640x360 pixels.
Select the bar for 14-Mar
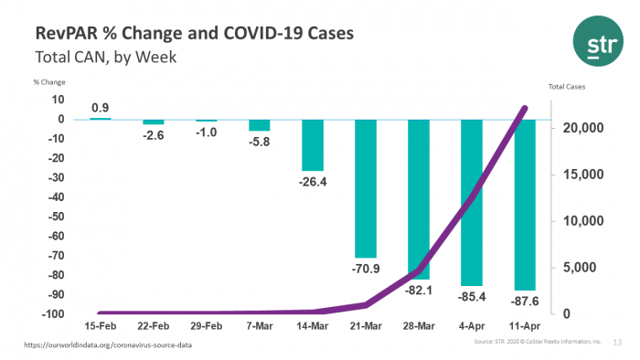click(x=313, y=144)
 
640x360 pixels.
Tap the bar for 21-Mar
click(x=366, y=188)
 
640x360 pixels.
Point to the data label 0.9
click(x=101, y=107)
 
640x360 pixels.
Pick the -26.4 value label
click(x=313, y=182)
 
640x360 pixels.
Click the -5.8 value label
click(x=260, y=142)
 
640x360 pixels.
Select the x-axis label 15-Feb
click(x=101, y=325)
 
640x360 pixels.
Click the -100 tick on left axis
click(x=53, y=314)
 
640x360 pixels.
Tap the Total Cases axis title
click(x=566, y=87)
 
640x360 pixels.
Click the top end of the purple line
click(x=525, y=108)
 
